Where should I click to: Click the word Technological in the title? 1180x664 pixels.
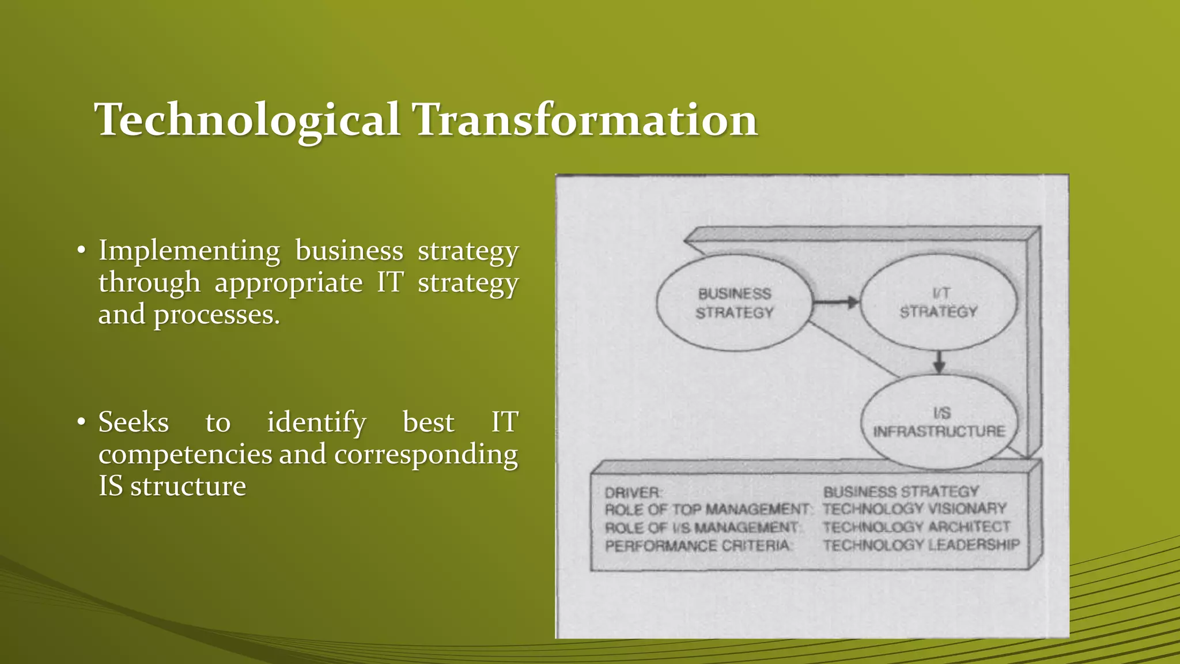tap(248, 120)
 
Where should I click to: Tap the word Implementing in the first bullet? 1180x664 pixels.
tap(189, 251)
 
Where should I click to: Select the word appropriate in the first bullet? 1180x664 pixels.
tap(289, 283)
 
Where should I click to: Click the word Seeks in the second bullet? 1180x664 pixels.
tap(134, 422)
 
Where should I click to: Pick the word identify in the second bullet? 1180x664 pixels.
tap(316, 422)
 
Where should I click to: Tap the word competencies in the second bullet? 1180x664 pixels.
tap(185, 454)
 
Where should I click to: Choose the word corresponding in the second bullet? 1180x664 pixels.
tap(426, 455)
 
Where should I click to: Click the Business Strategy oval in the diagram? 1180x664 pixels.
tap(734, 303)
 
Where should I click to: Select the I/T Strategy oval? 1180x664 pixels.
tap(939, 303)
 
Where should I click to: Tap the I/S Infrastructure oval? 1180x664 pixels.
tap(939, 422)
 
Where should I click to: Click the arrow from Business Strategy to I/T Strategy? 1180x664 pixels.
tap(836, 302)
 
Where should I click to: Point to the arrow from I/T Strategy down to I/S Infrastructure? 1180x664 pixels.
tap(939, 361)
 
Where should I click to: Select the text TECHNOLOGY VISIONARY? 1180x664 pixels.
tap(914, 509)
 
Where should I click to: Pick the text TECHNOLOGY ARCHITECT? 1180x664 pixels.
tap(916, 527)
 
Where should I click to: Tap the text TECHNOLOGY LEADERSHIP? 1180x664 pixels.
tap(921, 545)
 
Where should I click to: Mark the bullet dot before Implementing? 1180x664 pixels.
tap(82, 251)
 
